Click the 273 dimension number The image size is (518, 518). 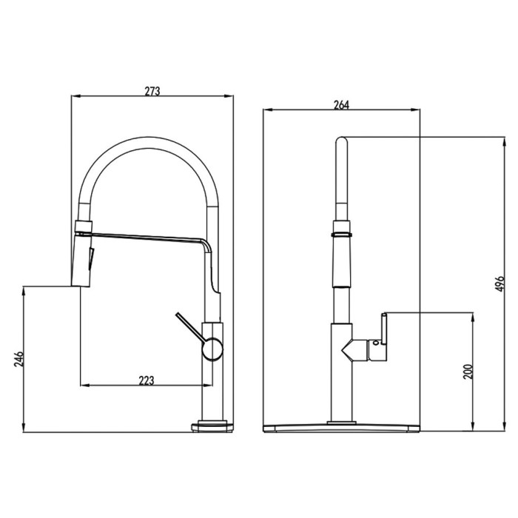tap(152, 91)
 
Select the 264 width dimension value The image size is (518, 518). tap(341, 105)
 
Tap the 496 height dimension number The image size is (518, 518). tap(500, 283)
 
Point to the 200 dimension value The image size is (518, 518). tap(468, 371)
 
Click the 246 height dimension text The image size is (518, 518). tap(18, 359)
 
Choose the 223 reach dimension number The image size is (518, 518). tap(146, 380)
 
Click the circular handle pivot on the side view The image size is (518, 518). tap(212, 349)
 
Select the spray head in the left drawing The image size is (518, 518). tap(81, 259)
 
